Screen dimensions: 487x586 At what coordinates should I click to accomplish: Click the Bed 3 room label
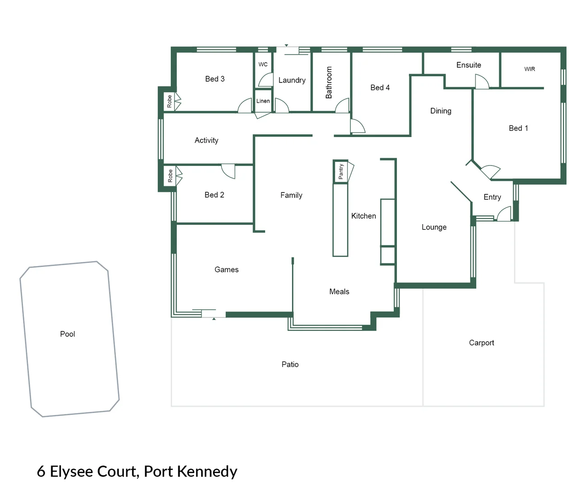click(215, 79)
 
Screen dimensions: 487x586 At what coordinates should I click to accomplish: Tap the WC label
click(263, 64)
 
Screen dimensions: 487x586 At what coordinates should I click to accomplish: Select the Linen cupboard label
click(263, 101)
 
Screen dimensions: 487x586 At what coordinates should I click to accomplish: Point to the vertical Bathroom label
click(329, 83)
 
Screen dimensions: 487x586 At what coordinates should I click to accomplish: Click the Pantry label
click(341, 172)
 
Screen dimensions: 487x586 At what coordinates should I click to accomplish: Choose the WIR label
click(530, 69)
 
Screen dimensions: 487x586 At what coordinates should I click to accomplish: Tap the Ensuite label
click(469, 65)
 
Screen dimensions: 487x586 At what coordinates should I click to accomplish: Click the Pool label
click(68, 334)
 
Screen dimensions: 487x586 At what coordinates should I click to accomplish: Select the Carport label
click(481, 343)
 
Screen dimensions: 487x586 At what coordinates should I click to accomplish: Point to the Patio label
click(290, 364)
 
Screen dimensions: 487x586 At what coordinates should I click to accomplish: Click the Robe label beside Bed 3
click(170, 101)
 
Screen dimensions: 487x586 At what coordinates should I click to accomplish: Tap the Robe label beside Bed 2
click(170, 175)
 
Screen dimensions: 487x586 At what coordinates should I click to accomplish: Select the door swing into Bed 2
click(229, 171)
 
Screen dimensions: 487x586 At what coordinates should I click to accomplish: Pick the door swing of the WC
click(266, 80)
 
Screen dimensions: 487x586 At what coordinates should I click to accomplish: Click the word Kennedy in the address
click(207, 471)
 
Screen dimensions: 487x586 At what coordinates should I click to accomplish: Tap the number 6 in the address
click(41, 472)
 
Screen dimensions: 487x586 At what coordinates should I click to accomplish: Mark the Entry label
click(492, 197)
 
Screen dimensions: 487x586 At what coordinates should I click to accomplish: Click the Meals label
click(339, 292)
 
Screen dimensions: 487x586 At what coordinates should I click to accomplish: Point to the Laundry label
click(292, 80)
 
